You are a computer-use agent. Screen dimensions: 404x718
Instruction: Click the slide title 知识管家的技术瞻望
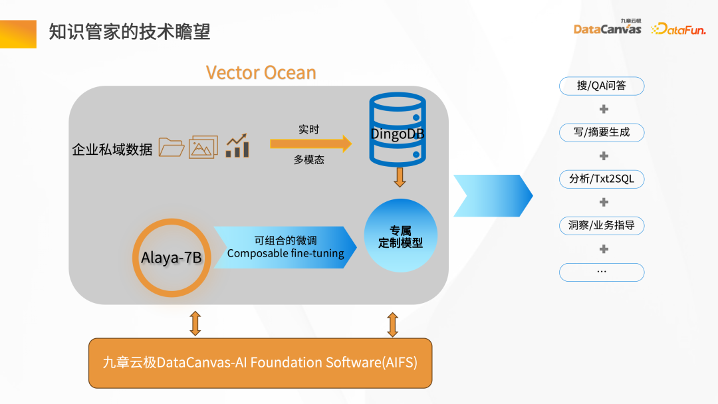(x=130, y=32)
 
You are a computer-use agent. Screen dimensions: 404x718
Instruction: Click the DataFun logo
(x=678, y=29)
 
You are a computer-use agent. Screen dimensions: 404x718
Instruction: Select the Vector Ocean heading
(x=261, y=72)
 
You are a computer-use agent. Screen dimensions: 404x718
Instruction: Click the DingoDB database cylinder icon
(x=398, y=130)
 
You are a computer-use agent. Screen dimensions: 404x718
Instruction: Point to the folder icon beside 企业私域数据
(x=172, y=147)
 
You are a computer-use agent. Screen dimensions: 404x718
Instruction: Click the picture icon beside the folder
(x=203, y=147)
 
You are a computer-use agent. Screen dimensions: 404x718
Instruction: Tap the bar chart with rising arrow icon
(x=237, y=146)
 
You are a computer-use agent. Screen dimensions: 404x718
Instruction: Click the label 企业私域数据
(x=112, y=149)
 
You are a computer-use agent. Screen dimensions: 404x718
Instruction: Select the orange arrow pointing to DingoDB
(x=310, y=143)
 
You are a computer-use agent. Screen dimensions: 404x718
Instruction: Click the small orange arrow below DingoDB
(x=400, y=177)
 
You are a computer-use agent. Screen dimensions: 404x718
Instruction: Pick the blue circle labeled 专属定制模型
(x=401, y=235)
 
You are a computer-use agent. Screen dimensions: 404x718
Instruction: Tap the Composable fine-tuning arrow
(x=285, y=247)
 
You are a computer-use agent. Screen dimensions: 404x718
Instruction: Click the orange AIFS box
(x=260, y=363)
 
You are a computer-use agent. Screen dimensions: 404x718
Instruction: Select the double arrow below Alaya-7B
(x=195, y=322)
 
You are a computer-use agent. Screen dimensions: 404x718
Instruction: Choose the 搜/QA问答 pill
(x=602, y=86)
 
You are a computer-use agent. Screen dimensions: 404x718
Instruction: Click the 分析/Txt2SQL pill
(x=602, y=179)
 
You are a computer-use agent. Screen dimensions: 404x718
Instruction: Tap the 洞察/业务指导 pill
(x=602, y=225)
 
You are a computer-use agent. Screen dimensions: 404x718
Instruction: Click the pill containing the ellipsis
(x=602, y=272)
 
